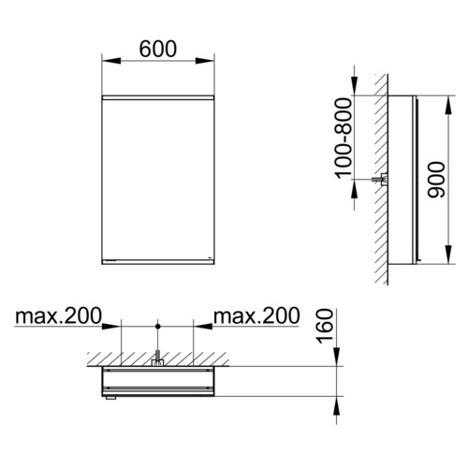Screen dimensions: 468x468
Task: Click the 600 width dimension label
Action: coord(158,49)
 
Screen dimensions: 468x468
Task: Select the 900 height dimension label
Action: coord(436,180)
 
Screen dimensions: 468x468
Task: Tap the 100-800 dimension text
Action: coord(344,139)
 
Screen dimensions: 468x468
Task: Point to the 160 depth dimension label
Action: coord(325,327)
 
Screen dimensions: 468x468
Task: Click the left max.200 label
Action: coord(58,315)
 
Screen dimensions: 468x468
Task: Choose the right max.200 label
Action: coord(256,315)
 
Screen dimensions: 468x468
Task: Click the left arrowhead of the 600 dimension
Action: coord(111,61)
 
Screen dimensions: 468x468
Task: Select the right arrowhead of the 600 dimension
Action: coord(205,61)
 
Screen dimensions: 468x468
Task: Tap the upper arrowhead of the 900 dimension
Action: coord(448,105)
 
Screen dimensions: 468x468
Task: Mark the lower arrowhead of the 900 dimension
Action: coord(448,255)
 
